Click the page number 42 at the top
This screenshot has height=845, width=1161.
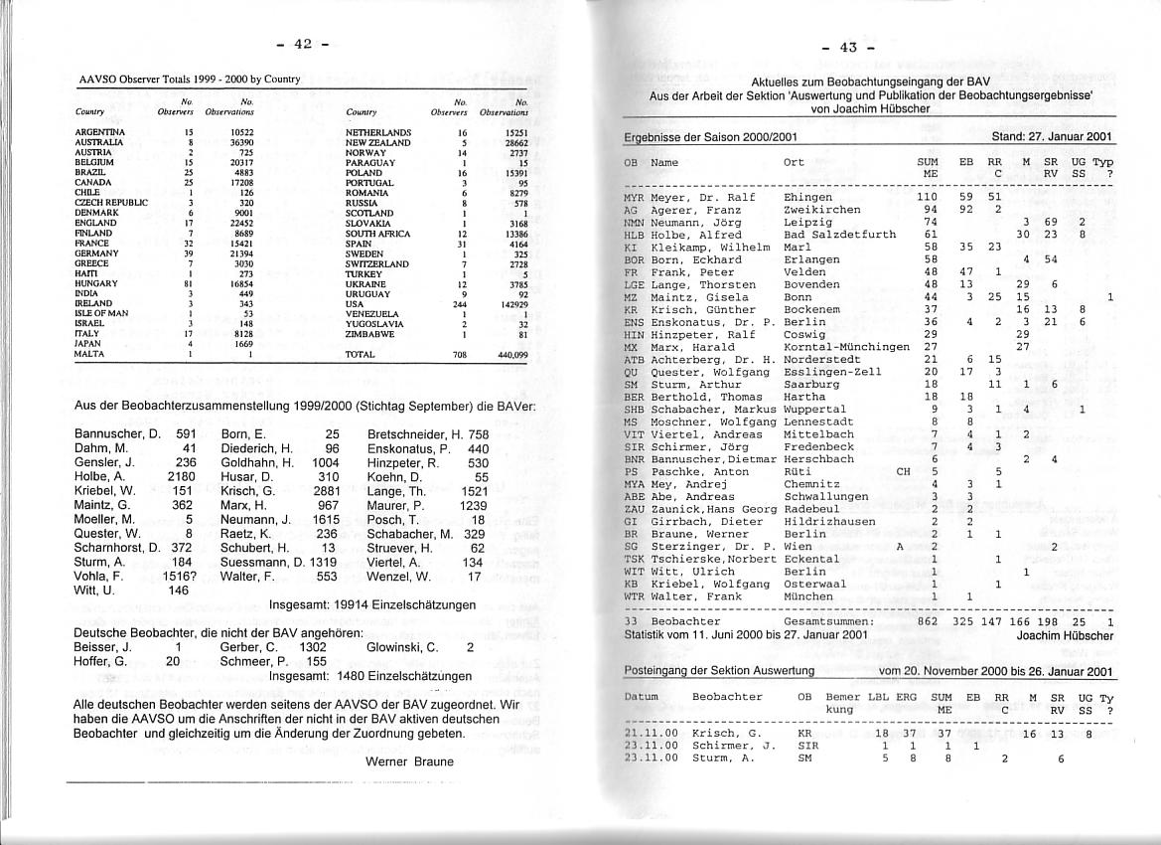pos(302,44)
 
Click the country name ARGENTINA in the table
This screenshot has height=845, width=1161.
pos(100,131)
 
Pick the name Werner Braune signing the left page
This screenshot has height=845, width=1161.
pos(409,761)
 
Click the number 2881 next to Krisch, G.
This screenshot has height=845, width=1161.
pos(326,490)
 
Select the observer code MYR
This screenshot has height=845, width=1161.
pos(634,197)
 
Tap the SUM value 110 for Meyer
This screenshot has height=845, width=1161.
pos(927,197)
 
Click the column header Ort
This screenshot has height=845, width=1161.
pos(794,162)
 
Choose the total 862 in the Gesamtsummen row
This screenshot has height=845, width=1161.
pos(927,621)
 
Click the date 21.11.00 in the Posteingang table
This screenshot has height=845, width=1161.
pos(651,733)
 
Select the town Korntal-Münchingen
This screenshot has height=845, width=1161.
pos(846,347)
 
